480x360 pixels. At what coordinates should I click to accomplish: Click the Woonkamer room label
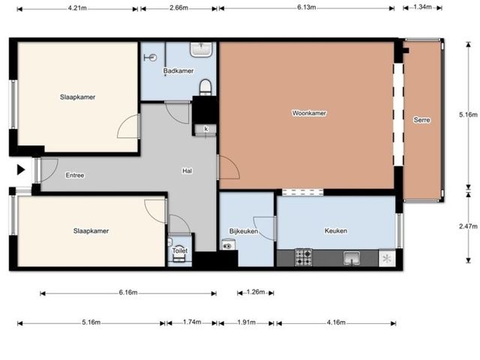309,113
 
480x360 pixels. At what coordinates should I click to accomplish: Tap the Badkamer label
178,70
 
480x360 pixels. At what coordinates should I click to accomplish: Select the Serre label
421,120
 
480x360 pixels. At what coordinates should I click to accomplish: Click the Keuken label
336,230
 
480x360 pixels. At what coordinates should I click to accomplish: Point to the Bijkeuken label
244,231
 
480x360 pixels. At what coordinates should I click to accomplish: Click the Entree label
75,175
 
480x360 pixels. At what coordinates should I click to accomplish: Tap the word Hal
187,171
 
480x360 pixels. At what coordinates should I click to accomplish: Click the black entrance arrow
21,169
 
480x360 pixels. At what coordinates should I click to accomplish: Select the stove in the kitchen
303,257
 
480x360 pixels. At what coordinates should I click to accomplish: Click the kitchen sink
352,258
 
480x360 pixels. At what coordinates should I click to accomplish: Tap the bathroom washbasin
201,49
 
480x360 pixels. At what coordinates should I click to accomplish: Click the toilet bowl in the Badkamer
205,87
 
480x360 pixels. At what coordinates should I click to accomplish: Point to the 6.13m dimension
307,7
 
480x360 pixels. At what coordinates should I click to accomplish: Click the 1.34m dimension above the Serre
422,7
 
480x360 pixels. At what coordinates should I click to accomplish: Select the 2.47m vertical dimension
468,226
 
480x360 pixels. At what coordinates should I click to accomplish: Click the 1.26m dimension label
256,292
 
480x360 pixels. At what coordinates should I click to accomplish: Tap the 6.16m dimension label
128,292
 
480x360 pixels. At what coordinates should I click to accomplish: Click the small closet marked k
206,129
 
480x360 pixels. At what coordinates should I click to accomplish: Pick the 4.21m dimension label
77,8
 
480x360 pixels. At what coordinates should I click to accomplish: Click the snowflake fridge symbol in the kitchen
387,259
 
